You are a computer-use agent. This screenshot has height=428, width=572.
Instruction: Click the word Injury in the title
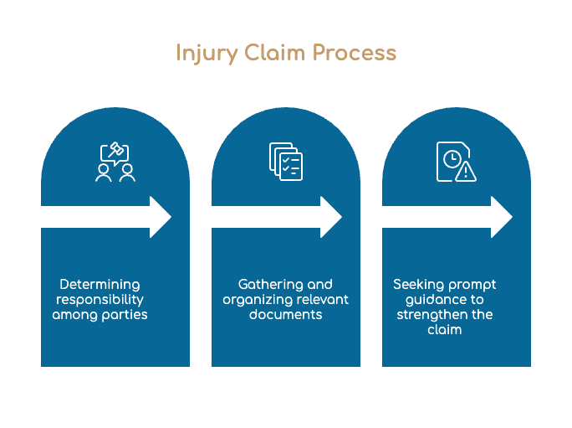tap(207, 54)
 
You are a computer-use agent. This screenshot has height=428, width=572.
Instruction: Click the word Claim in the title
tap(274, 53)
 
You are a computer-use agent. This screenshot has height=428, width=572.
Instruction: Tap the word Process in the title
tap(355, 53)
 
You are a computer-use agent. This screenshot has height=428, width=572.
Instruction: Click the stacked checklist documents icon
tap(286, 162)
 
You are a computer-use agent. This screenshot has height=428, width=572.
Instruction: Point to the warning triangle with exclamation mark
tap(466, 172)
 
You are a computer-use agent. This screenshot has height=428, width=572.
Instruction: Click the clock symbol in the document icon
tap(452, 159)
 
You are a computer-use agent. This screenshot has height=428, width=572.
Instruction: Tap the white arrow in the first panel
tap(106, 217)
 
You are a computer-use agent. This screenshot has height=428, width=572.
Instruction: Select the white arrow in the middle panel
tap(277, 217)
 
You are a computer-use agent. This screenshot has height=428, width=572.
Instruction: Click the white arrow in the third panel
tap(447, 217)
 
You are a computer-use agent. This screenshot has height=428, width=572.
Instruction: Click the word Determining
tap(100, 285)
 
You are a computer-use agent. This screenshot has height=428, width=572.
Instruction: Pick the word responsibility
tap(100, 300)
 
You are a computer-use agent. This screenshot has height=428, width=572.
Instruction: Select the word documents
tap(286, 314)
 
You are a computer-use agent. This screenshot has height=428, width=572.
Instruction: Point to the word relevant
tap(323, 299)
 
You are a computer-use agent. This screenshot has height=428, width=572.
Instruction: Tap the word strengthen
tap(429, 315)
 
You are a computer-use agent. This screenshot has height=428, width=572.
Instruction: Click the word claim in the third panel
tap(445, 330)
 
